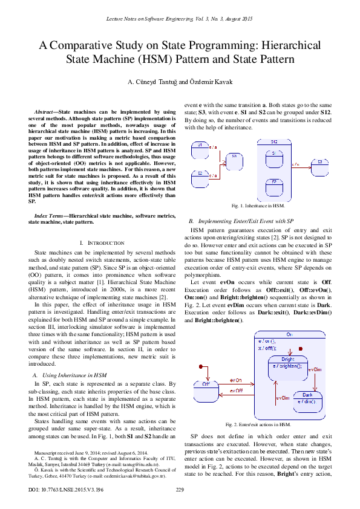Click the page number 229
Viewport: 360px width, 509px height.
click(179, 489)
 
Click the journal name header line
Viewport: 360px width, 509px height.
click(180, 21)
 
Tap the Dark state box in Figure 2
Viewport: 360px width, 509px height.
click(306, 399)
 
